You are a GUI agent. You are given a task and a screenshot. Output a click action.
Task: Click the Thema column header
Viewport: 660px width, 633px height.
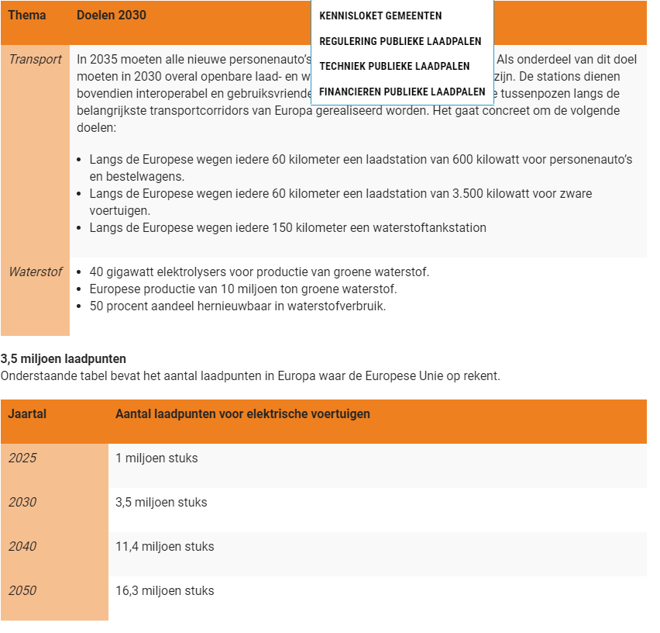coord(27,16)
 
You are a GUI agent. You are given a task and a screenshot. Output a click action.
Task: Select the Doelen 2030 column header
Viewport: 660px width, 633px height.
coord(111,16)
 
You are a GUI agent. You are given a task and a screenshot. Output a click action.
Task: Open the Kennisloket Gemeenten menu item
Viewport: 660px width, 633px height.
coord(380,16)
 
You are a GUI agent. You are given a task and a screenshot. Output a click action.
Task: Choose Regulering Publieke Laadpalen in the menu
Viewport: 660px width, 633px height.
coord(400,41)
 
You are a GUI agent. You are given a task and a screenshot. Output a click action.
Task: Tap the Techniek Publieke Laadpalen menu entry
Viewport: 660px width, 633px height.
coord(394,66)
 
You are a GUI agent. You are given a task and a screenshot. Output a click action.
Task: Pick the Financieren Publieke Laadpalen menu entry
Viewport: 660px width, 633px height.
coord(402,92)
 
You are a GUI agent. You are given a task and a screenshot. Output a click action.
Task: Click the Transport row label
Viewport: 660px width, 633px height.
coord(35,60)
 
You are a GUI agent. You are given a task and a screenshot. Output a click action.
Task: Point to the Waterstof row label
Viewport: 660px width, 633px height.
coord(35,272)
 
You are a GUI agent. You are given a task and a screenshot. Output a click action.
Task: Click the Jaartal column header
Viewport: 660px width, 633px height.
coord(27,414)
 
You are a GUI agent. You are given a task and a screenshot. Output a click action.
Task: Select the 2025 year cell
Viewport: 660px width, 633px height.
coord(22,458)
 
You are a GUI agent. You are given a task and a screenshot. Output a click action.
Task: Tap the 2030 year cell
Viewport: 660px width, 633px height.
coord(22,503)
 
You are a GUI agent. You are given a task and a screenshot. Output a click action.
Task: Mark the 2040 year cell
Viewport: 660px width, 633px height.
coord(22,547)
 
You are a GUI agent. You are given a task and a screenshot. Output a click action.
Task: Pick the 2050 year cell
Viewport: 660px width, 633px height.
coord(22,591)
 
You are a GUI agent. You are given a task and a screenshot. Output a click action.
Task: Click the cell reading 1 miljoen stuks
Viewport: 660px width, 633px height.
coord(156,458)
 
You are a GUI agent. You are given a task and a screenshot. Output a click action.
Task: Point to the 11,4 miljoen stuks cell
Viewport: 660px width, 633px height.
coord(164,547)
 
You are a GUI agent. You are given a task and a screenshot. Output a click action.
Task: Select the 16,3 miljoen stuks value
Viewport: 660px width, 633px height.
coord(164,591)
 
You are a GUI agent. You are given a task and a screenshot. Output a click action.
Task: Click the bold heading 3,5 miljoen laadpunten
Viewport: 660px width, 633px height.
coord(64,359)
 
